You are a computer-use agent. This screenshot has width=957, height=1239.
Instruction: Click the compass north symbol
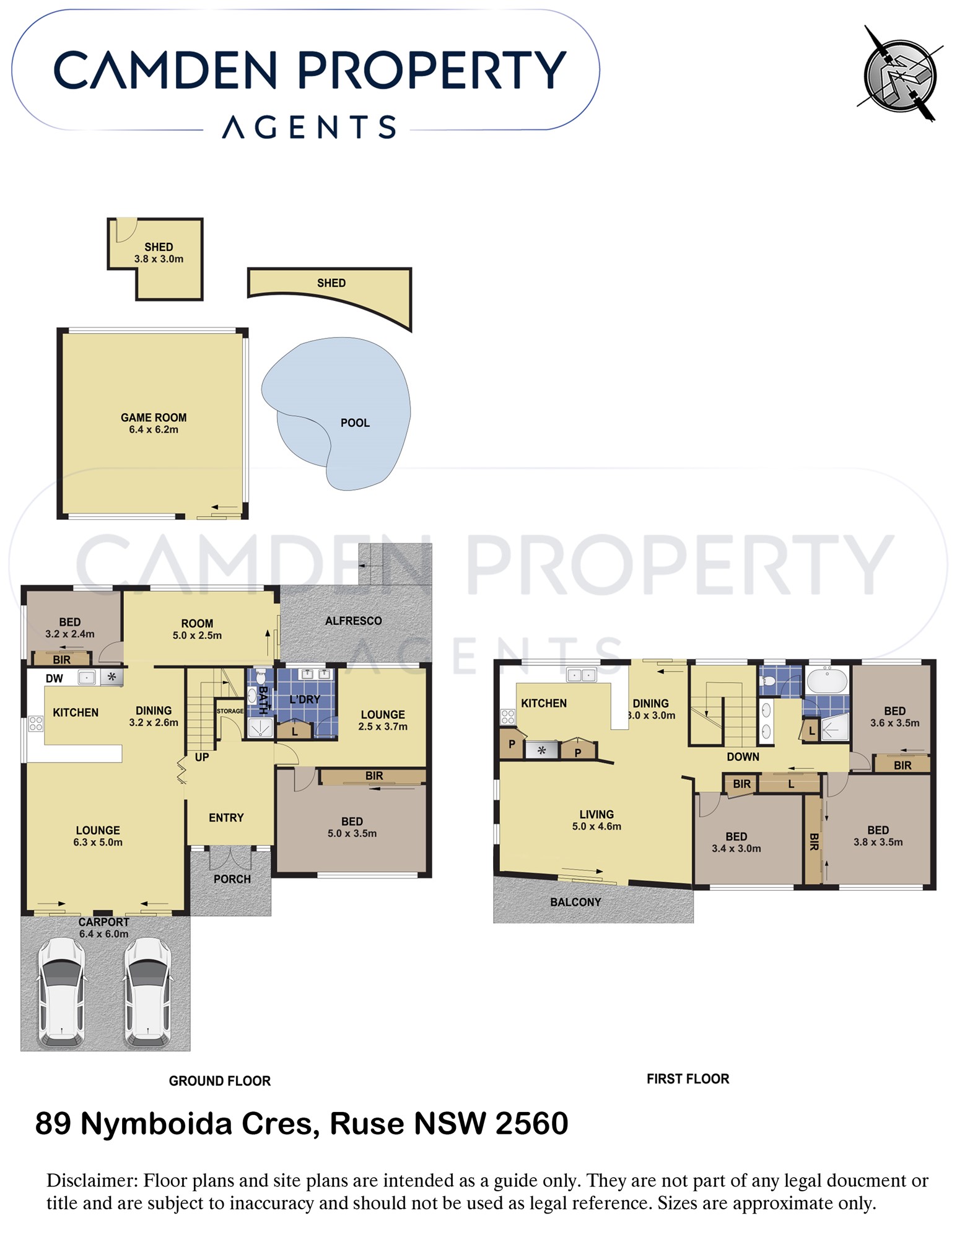pyautogui.click(x=900, y=74)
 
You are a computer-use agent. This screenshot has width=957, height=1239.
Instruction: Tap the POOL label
pyautogui.click(x=355, y=423)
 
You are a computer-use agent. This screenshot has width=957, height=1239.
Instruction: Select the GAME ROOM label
pyautogui.click(x=154, y=418)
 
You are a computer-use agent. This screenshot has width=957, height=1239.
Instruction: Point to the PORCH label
pyautogui.click(x=232, y=879)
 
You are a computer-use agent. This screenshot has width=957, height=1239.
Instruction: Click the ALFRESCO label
pyautogui.click(x=354, y=621)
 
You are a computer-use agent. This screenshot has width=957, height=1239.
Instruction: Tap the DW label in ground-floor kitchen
pyautogui.click(x=55, y=678)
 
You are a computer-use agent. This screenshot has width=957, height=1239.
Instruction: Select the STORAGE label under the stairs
pyautogui.click(x=230, y=711)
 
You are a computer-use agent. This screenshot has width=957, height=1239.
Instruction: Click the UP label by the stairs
pyautogui.click(x=202, y=757)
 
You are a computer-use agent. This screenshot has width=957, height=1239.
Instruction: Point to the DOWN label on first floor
pyautogui.click(x=743, y=756)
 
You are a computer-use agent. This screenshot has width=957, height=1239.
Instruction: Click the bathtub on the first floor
pyautogui.click(x=827, y=681)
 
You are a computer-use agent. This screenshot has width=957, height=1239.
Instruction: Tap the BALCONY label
pyautogui.click(x=575, y=902)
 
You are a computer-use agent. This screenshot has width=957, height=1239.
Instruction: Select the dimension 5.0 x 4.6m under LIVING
pyautogui.click(x=596, y=826)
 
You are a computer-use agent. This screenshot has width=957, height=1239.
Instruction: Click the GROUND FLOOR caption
pyautogui.click(x=220, y=1081)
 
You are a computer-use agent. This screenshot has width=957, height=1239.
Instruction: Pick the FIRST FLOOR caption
pyautogui.click(x=688, y=1079)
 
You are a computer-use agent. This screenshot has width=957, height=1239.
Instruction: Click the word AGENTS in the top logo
pyautogui.click(x=309, y=127)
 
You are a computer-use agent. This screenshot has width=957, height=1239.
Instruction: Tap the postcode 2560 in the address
pyautogui.click(x=532, y=1124)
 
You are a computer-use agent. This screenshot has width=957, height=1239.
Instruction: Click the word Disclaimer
pyautogui.click(x=92, y=1181)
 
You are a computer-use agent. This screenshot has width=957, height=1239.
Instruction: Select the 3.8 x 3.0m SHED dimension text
pyautogui.click(x=159, y=259)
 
